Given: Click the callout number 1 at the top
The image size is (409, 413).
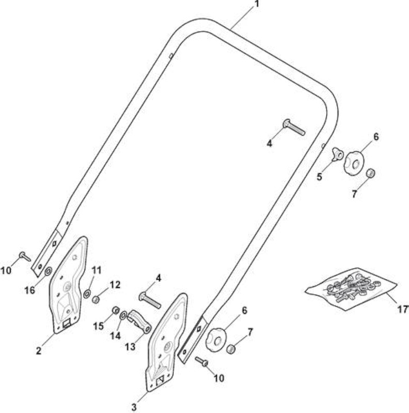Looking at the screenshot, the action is [257, 4].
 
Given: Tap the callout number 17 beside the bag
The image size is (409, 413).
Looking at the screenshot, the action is [403, 309].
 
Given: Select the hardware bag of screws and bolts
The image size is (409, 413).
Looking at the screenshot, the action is [351, 289].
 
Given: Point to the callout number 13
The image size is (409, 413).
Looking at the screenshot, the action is [130, 346].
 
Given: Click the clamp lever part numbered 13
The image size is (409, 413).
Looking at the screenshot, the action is [139, 321].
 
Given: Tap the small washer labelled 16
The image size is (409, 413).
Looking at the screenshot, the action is [48, 271].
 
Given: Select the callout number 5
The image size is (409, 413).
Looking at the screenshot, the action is [319, 177].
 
